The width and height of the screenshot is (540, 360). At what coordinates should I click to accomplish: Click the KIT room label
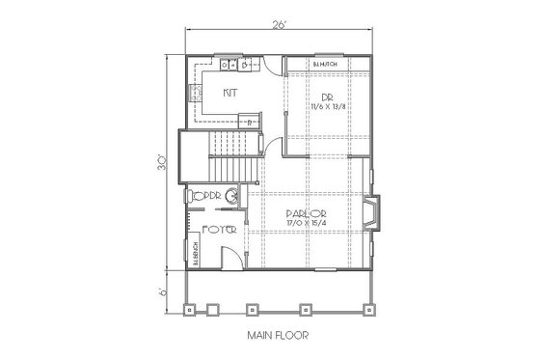coord(230,93)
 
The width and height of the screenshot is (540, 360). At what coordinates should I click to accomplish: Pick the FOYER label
coord(217,232)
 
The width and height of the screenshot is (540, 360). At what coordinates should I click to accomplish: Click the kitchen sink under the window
coord(229,65)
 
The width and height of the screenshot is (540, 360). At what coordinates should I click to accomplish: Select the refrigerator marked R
coord(248,122)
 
